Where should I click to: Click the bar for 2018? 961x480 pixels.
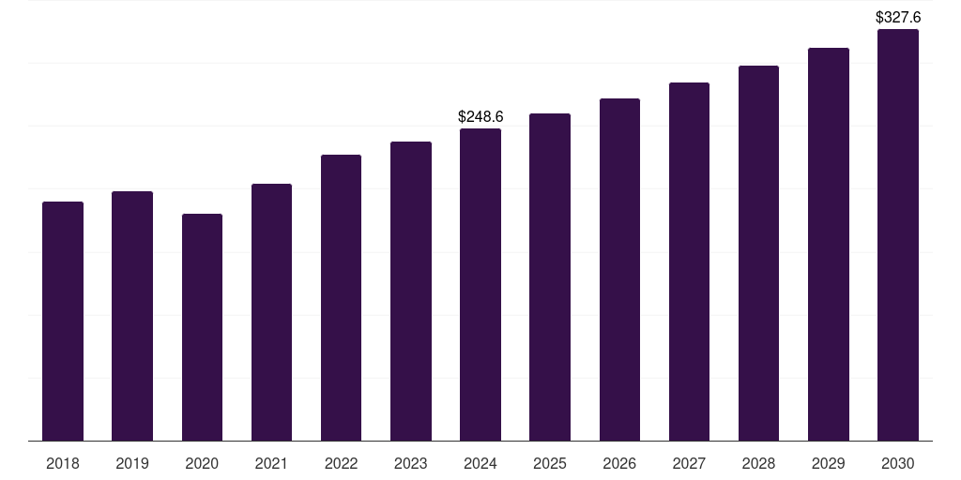[x=63, y=321]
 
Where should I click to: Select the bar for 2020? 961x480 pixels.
[x=202, y=327]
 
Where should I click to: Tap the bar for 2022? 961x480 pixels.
[x=341, y=297]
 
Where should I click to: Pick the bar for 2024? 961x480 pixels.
[x=480, y=284]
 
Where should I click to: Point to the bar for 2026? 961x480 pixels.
[x=619, y=269]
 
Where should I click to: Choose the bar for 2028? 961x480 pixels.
[x=758, y=253]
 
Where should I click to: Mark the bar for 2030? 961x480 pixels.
[x=897, y=234]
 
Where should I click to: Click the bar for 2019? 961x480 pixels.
[x=132, y=316]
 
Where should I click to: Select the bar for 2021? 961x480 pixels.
[x=271, y=312]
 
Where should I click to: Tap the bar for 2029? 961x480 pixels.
[x=828, y=244]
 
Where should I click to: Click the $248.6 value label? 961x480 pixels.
[x=480, y=117]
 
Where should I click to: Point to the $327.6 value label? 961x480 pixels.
[x=897, y=18]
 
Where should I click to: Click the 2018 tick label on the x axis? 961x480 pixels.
[x=63, y=463]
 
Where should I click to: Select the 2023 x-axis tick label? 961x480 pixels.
[x=411, y=463]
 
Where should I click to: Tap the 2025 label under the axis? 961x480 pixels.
[x=550, y=463]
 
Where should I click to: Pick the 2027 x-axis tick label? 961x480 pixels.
[x=689, y=463]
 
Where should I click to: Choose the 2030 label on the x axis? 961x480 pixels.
[x=897, y=463]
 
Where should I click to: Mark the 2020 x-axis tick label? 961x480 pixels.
[x=202, y=463]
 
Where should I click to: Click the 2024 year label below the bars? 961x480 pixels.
[x=480, y=463]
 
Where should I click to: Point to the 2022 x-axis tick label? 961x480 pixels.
[x=341, y=463]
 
